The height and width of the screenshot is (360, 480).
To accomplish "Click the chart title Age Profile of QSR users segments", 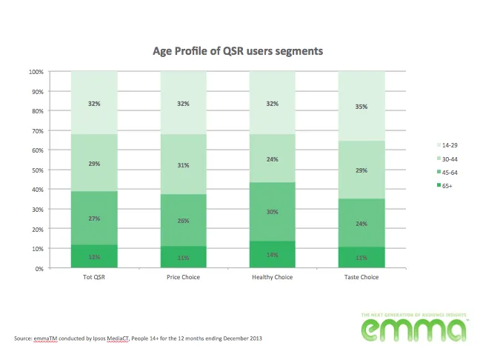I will click(x=237, y=51).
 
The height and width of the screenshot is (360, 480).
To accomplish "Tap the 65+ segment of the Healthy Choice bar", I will click(x=273, y=254).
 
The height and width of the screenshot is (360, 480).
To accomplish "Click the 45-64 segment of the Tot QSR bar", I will click(x=94, y=218).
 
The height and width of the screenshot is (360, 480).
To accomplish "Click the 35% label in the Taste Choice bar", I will click(x=361, y=107).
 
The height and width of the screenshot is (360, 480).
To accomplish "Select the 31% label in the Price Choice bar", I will click(x=184, y=164).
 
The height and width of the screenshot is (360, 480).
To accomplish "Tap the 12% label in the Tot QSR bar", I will click(x=94, y=257).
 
